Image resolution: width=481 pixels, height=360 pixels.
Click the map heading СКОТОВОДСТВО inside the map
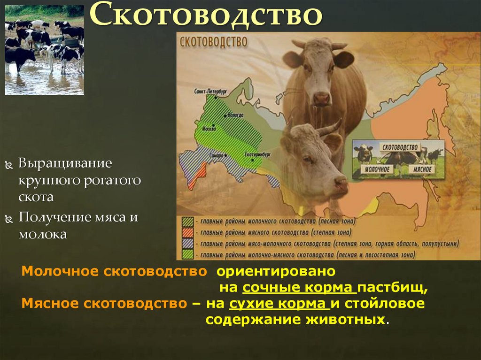click(x=213, y=42)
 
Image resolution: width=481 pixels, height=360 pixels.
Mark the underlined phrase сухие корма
click(x=279, y=304)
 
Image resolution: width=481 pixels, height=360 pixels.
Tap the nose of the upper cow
click(x=322, y=98)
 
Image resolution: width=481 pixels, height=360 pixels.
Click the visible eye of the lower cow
click(x=307, y=159)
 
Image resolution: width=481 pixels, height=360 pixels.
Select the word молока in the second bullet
click(x=42, y=234)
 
